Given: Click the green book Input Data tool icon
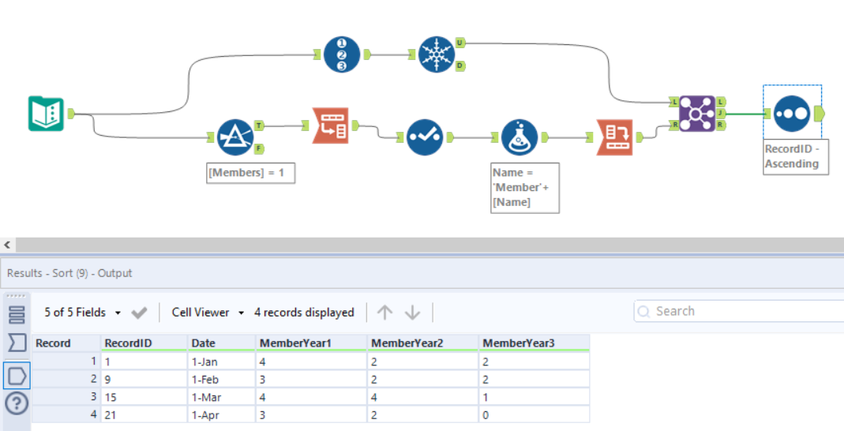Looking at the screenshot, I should (46, 114).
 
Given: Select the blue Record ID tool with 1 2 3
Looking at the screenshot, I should (341, 55).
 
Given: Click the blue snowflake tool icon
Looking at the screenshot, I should (436, 55).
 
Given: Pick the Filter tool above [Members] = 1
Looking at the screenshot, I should (234, 137).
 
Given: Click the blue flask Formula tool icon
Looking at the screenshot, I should (520, 137).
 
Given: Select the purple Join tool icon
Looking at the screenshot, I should (696, 114).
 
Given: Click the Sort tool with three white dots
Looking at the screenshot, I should (792, 114).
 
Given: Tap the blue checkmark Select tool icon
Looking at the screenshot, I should (425, 137).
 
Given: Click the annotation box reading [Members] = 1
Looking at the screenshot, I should (250, 173).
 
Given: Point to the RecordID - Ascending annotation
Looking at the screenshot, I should (795, 156).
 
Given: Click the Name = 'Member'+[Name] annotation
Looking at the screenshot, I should (524, 187).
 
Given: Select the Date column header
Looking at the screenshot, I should (204, 343).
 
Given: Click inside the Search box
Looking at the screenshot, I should (742, 312).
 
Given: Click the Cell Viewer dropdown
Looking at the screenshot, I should (208, 313).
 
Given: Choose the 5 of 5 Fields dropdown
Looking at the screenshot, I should (82, 313).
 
